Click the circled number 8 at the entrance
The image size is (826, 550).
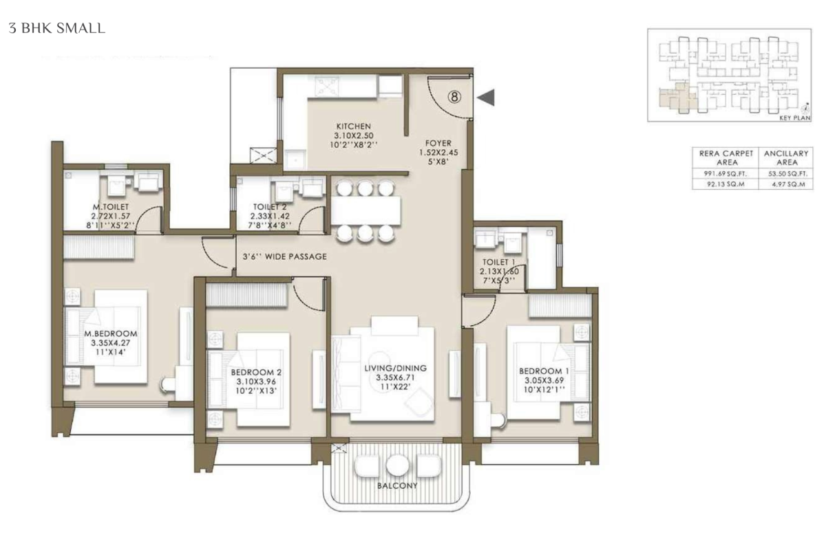click(454, 97)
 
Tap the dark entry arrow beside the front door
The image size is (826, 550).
click(486, 97)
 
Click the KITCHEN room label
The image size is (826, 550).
click(353, 126)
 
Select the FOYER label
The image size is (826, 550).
click(438, 143)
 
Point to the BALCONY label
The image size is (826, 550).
click(397, 485)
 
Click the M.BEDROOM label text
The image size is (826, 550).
click(111, 333)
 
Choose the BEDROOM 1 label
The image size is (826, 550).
click(544, 371)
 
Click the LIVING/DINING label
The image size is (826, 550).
click(395, 368)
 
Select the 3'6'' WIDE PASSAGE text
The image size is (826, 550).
click(285, 256)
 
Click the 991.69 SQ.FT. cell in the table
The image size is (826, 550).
click(725, 173)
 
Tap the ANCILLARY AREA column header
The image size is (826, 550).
click(786, 157)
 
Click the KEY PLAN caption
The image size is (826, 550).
click(795, 118)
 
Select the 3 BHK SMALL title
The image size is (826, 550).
click(56, 28)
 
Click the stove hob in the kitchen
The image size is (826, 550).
click(326, 87)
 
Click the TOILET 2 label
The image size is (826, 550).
click(270, 207)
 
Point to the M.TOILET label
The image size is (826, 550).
click(111, 207)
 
